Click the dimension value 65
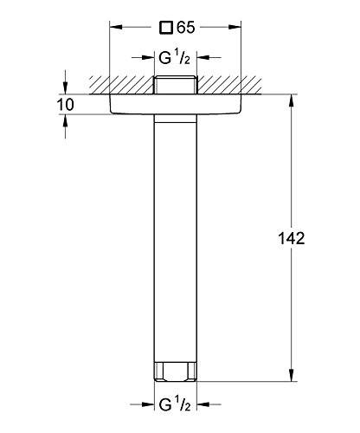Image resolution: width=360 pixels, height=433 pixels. coord(186,28)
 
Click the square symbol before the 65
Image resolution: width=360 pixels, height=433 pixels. coord(166,28)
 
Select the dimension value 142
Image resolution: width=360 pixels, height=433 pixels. coord(291,238)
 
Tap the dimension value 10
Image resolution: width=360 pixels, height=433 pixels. coord(65,105)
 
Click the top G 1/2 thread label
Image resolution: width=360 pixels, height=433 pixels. coord(175,58)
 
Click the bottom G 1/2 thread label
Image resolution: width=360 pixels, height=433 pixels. coord(175,404)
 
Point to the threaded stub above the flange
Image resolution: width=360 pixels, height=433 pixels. coord(176,85)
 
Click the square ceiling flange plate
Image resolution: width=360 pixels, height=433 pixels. coord(175,104)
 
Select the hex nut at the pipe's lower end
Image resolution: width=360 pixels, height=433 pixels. coord(176,372)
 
